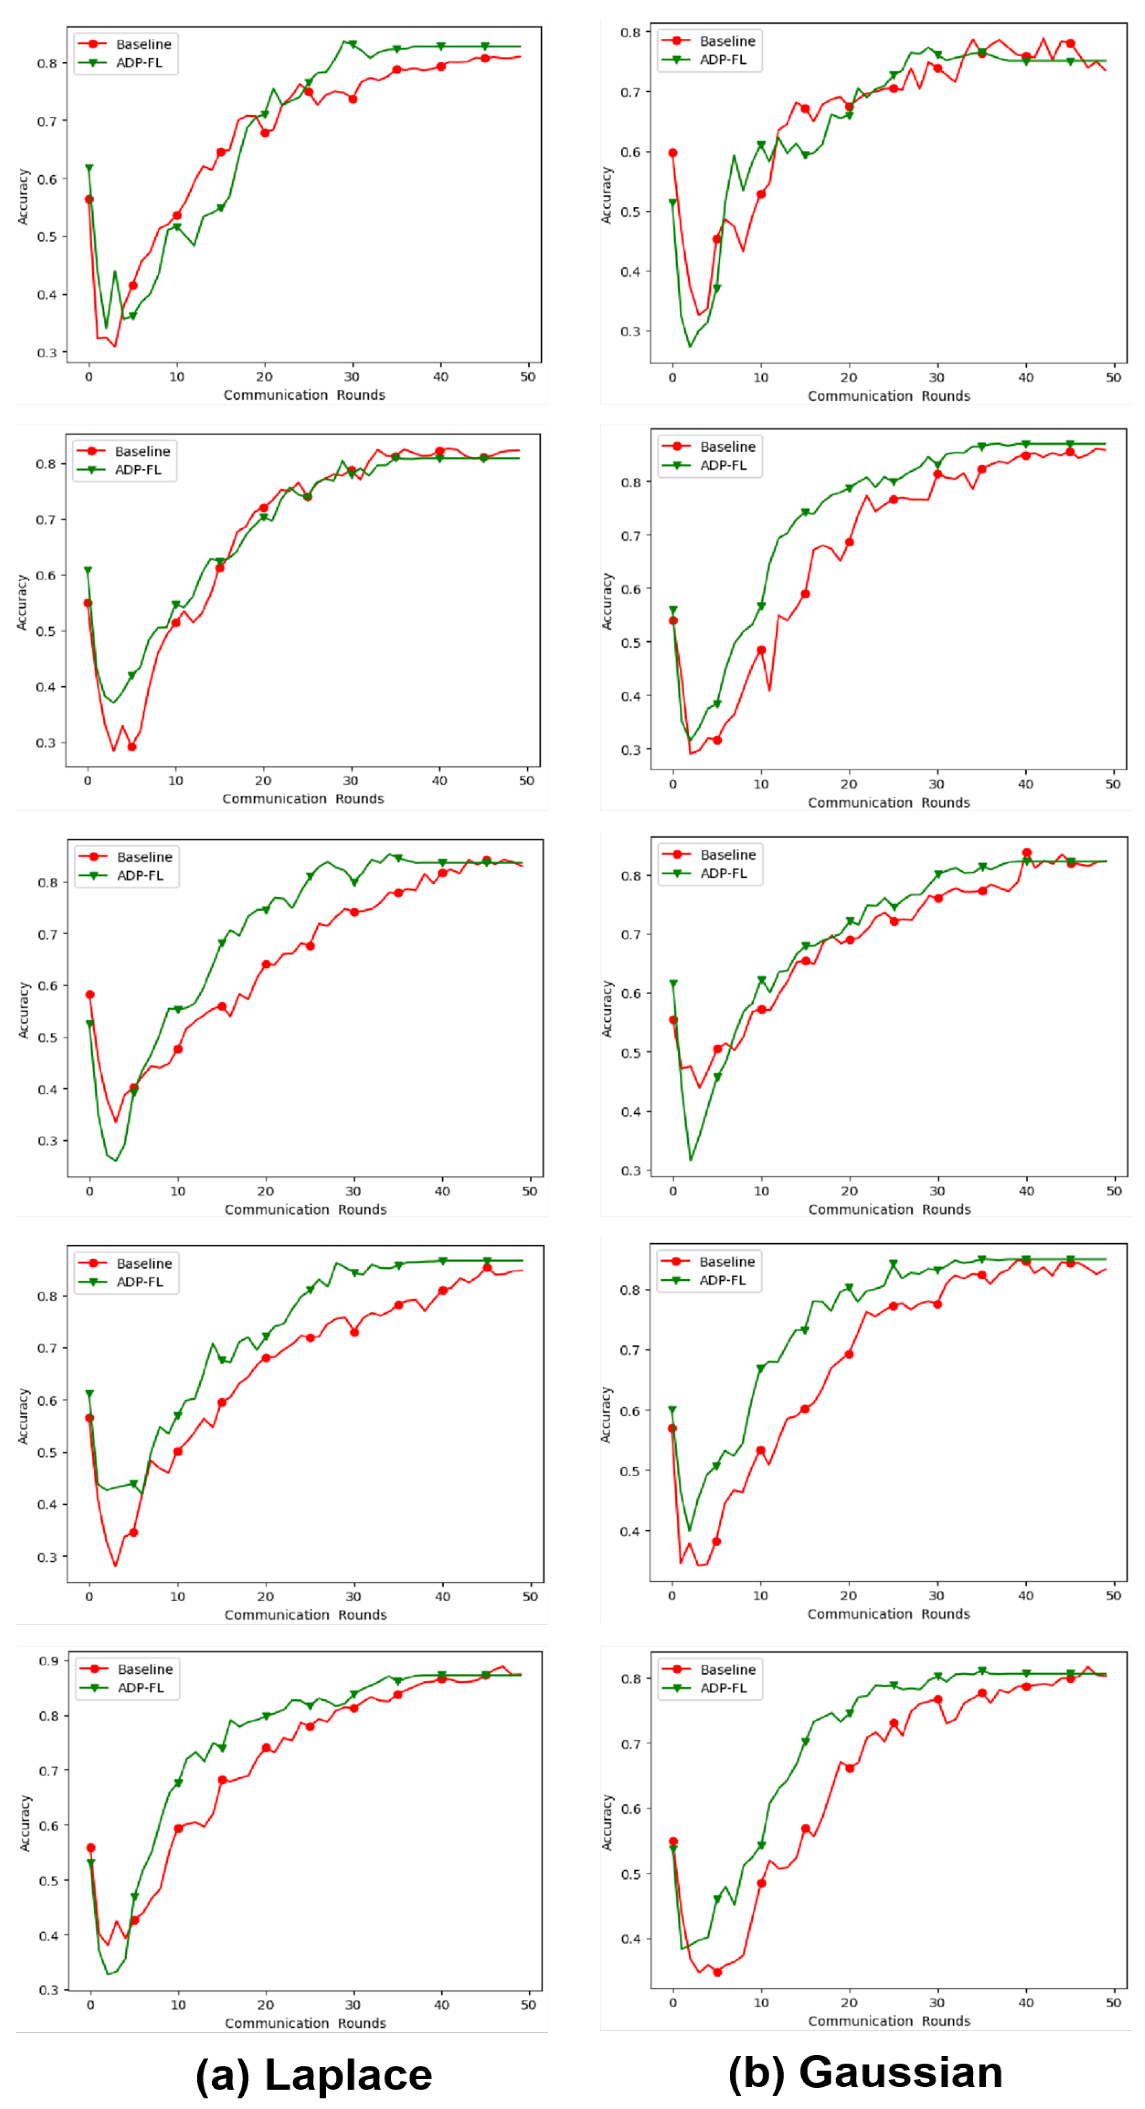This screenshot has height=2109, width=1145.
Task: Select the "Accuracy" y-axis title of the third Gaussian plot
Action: coord(607,1009)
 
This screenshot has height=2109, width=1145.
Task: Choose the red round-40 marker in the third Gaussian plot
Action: coord(1026,853)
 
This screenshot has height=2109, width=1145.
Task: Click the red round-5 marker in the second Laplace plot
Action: coord(131,747)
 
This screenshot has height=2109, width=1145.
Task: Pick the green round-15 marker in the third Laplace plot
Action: coord(221,943)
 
